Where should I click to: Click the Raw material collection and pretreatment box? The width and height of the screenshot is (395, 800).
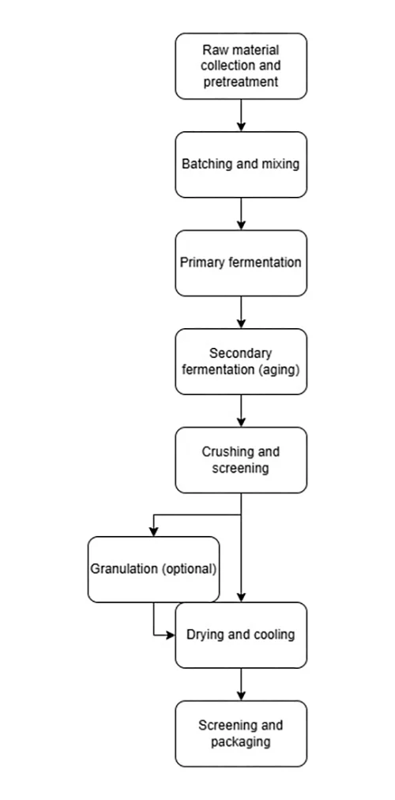pyautogui.click(x=241, y=66)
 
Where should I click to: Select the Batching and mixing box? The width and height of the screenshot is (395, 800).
pyautogui.click(x=241, y=164)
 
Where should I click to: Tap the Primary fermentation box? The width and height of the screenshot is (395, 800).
pyautogui.click(x=241, y=262)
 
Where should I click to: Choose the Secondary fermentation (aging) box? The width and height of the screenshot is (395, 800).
pyautogui.click(x=241, y=361)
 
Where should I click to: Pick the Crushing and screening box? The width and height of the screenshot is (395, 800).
pyautogui.click(x=241, y=460)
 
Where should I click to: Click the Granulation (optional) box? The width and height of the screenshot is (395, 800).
pyautogui.click(x=153, y=569)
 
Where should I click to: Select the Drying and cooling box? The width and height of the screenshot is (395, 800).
pyautogui.click(x=241, y=636)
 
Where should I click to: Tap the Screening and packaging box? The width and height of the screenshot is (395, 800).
pyautogui.click(x=241, y=734)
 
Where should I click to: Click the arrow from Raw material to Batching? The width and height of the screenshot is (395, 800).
pyautogui.click(x=241, y=115)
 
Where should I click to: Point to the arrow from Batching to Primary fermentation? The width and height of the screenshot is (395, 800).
pyautogui.click(x=241, y=213)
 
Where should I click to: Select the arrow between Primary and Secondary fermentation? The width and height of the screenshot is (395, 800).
pyautogui.click(x=241, y=312)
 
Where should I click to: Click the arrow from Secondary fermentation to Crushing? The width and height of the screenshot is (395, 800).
pyautogui.click(x=241, y=411)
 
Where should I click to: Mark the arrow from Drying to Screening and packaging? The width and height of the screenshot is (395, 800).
pyautogui.click(x=241, y=684)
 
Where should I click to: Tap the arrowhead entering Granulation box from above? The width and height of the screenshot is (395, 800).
pyautogui.click(x=153, y=532)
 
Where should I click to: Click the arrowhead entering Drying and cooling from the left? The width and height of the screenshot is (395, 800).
pyautogui.click(x=170, y=636)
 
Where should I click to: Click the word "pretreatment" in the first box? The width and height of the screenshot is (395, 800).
pyautogui.click(x=241, y=81)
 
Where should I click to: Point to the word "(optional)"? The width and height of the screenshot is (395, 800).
pyautogui.click(x=189, y=569)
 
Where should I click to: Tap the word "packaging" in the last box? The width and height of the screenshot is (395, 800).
pyautogui.click(x=241, y=742)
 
